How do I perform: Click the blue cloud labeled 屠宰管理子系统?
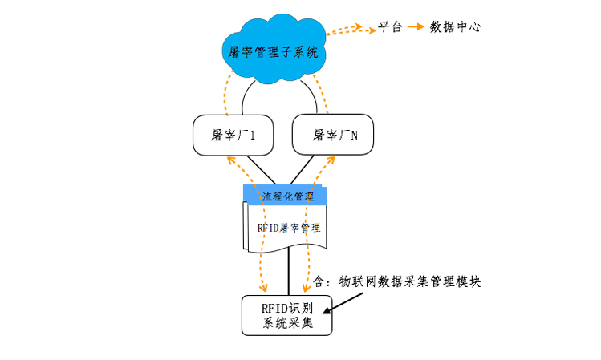(x=274, y=51)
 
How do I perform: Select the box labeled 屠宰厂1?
(x=233, y=135)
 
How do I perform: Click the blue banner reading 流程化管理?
(x=288, y=196)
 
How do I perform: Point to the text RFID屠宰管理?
(x=287, y=228)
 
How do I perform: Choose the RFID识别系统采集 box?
(x=286, y=315)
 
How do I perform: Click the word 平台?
(x=389, y=26)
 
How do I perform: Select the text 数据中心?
(x=455, y=26)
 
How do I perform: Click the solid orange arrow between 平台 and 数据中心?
(x=416, y=26)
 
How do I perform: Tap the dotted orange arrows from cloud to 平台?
(x=353, y=28)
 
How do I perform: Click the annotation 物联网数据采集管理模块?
(x=409, y=281)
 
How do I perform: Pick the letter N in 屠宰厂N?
(x=355, y=136)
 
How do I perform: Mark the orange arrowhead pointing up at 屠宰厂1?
(x=231, y=160)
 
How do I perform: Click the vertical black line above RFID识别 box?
(x=287, y=273)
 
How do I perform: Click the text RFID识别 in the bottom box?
(x=286, y=308)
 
